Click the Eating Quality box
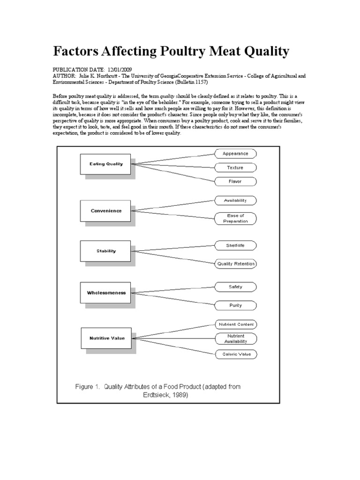pos(106,164)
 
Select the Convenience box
pos(106,211)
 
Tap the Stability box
pos(106,251)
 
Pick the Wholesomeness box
pos(106,292)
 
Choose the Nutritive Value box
pos(107,338)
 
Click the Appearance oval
pos(235,153)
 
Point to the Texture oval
pos(235,167)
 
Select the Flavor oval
pos(235,180)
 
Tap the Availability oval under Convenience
pos(235,200)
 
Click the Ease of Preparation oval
pos(235,218)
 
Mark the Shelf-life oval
pos(235,245)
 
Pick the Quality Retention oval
pos(235,263)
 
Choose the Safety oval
pos(235,287)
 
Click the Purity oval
pos(235,305)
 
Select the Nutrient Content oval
pos(235,324)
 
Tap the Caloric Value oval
pos(235,354)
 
